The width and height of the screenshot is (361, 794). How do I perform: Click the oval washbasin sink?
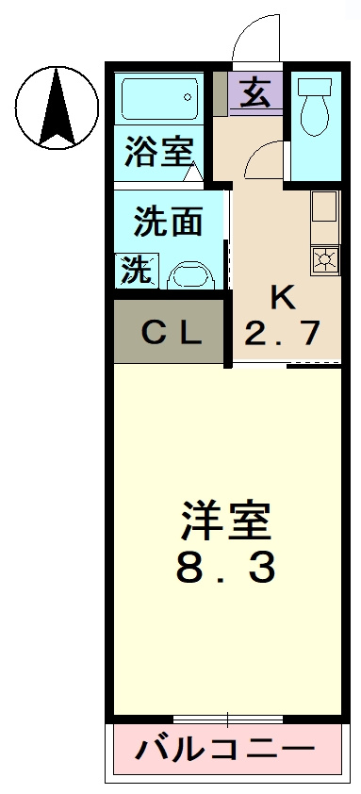click(x=193, y=275)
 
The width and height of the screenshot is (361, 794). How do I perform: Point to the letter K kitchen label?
click(x=283, y=298)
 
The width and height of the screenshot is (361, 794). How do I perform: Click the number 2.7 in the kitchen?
click(x=283, y=333)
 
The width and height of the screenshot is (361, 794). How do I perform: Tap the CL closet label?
click(x=171, y=332)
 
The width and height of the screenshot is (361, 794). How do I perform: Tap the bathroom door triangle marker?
click(x=193, y=172)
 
